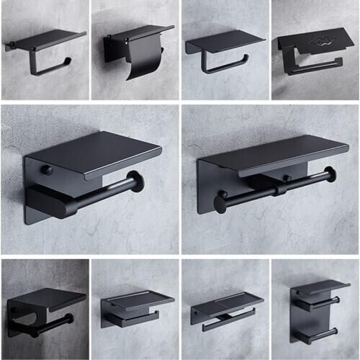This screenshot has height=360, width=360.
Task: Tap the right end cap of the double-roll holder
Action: tap(330, 174)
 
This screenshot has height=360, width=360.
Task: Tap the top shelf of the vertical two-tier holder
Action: tap(320, 287)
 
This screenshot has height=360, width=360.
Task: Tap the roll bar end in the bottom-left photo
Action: tap(68, 319)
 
